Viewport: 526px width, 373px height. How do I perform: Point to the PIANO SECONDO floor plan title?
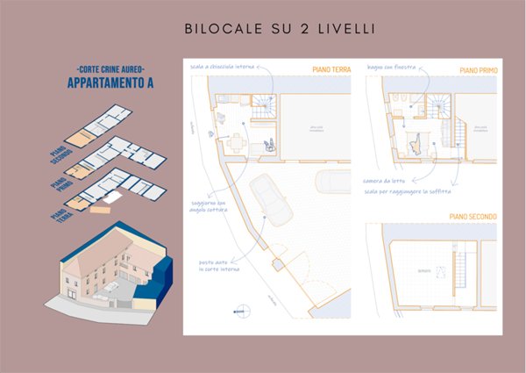pyautogui.click(x=472, y=216)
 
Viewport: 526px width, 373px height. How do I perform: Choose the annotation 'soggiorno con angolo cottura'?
pyautogui.click(x=210, y=209)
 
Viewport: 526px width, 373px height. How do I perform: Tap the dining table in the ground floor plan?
pyautogui.click(x=236, y=140)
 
